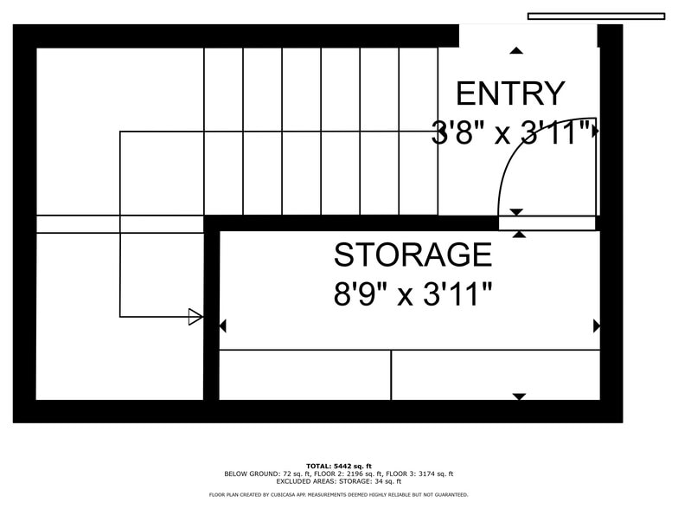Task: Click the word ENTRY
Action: click(x=510, y=93)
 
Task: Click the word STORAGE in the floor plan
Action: click(x=413, y=254)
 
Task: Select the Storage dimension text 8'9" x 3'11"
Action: click(x=413, y=294)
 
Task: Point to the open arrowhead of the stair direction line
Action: click(x=195, y=317)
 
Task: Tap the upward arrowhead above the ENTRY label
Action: click(x=516, y=50)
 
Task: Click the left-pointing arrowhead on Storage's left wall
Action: click(x=223, y=325)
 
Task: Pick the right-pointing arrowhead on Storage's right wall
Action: click(x=597, y=325)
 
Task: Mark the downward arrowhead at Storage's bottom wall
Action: click(x=519, y=396)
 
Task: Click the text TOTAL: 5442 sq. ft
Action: click(x=339, y=466)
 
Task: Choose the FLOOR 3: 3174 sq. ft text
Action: click(x=419, y=474)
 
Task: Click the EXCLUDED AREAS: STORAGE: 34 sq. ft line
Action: click(x=339, y=481)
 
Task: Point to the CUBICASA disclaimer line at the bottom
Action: click(x=339, y=495)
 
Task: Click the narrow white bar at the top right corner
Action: click(x=597, y=16)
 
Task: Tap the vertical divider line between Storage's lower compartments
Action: click(x=391, y=375)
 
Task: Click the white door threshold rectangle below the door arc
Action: click(x=547, y=223)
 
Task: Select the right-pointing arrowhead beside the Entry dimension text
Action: click(x=597, y=130)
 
